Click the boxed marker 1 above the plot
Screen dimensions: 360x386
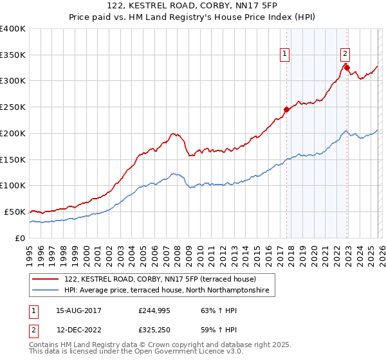(x=284, y=54)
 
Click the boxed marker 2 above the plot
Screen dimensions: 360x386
(x=345, y=54)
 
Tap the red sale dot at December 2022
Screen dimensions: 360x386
(x=346, y=67)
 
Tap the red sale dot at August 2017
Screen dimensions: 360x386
(x=286, y=109)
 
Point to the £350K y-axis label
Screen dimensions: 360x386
(x=12, y=55)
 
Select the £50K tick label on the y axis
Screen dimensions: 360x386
(x=15, y=212)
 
